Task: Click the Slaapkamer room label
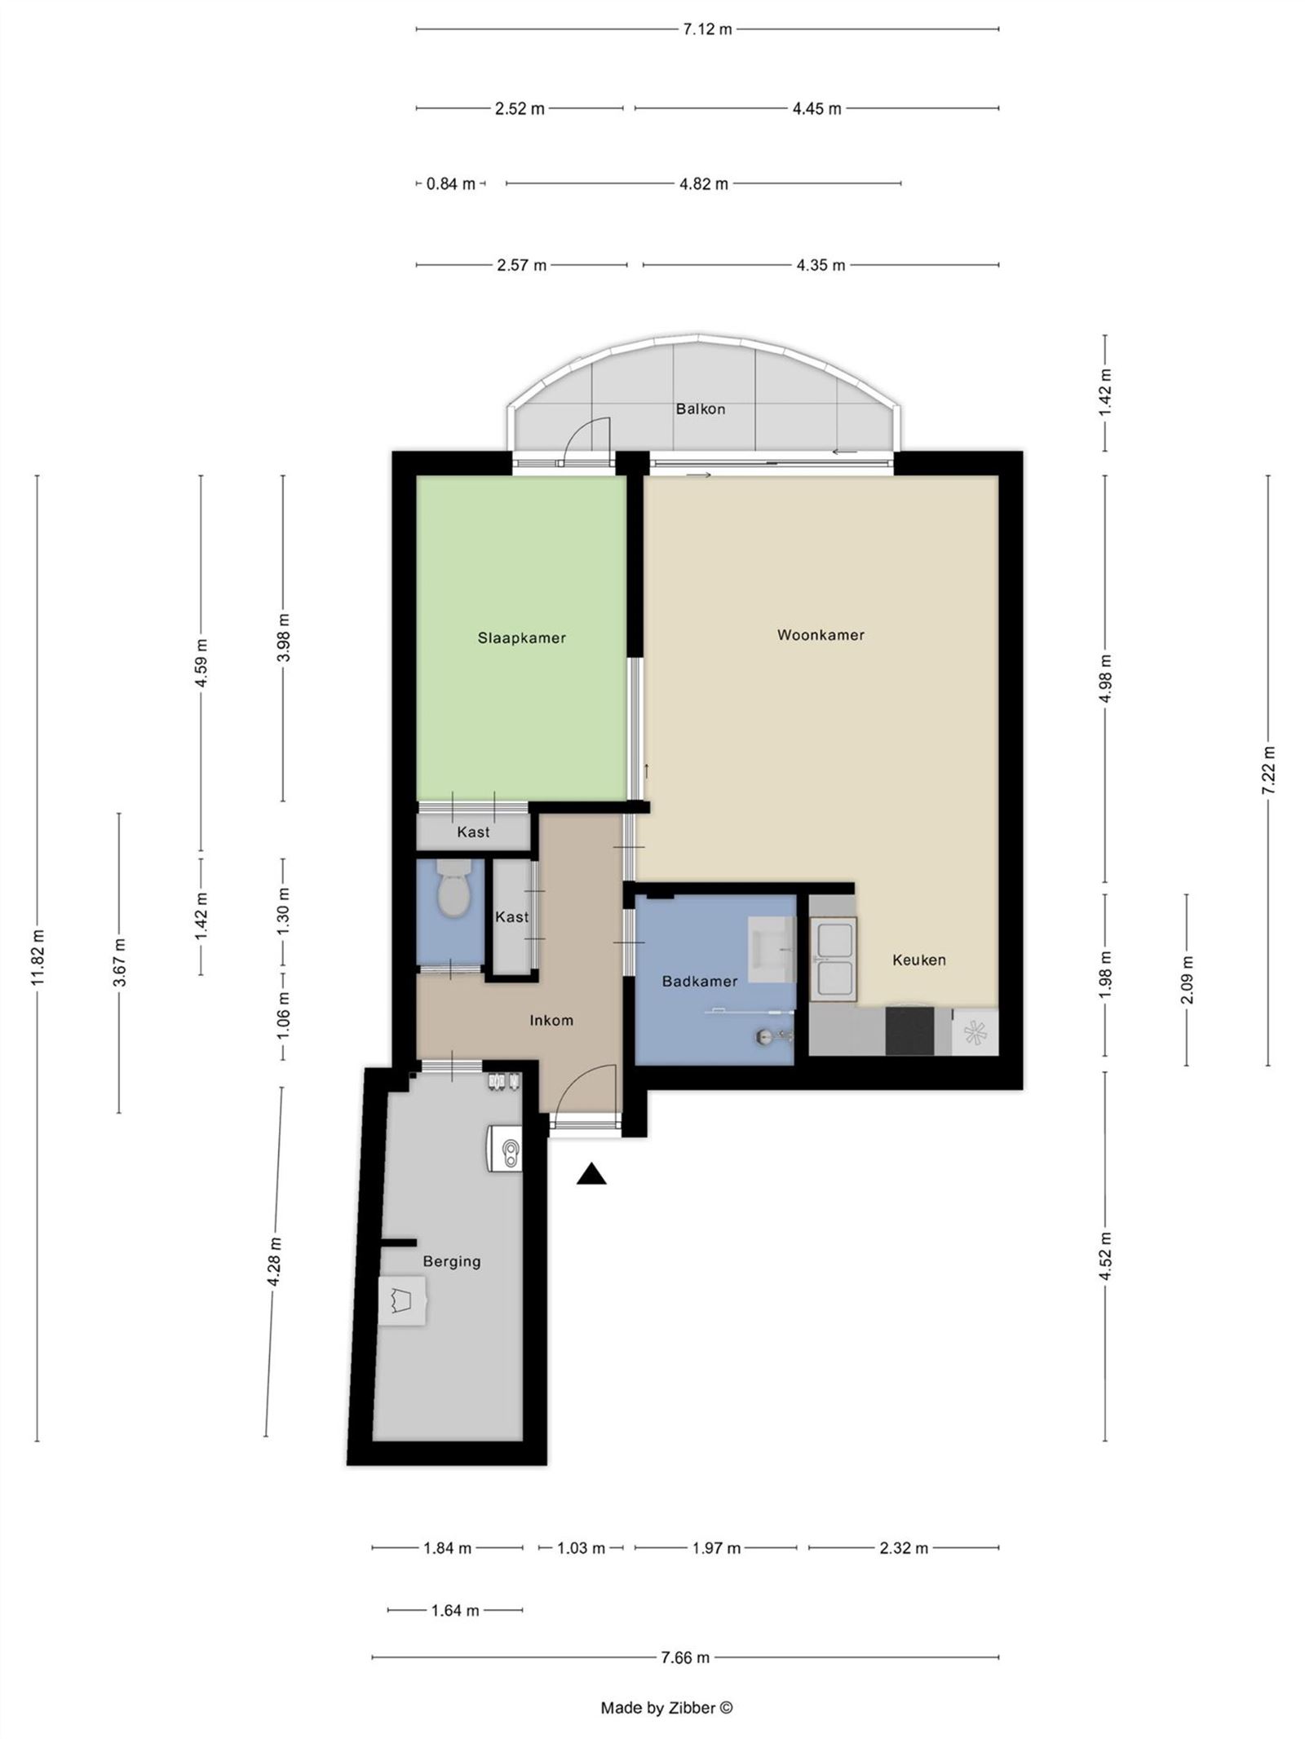[521, 638]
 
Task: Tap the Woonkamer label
[820, 634]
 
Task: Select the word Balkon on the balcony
[700, 408]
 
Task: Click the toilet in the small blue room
[453, 891]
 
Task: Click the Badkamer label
[699, 981]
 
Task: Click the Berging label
[451, 1261]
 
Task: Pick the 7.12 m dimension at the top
[707, 29]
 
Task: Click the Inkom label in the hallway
[551, 1020]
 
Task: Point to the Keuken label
[918, 960]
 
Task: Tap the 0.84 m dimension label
[450, 183]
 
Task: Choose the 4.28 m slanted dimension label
[275, 1261]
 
